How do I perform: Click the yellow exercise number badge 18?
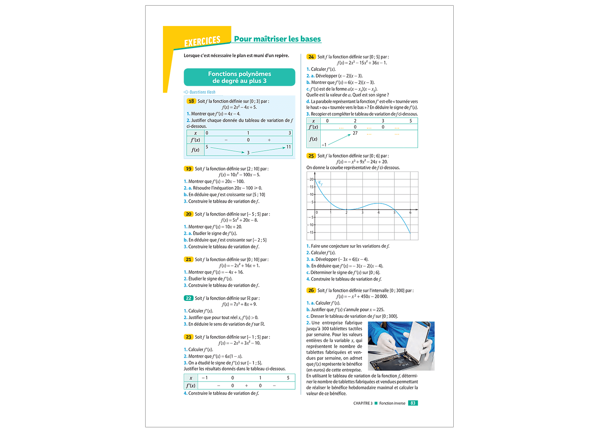click(191, 101)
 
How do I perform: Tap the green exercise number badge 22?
click(188, 298)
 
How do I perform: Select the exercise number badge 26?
click(311, 291)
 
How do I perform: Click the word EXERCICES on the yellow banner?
click(202, 42)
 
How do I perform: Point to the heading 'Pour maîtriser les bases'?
click(277, 39)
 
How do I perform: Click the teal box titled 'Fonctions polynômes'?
click(239, 77)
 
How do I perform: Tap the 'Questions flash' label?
click(202, 92)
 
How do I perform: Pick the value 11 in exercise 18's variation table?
click(289, 147)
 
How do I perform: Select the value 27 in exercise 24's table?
click(355, 133)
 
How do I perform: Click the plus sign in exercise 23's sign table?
click(247, 385)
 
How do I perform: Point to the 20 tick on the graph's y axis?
click(311, 179)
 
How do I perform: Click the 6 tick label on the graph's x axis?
click(410, 213)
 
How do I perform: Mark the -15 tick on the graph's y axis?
click(310, 233)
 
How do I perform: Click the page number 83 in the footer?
click(413, 403)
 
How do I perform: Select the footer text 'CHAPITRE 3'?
click(363, 403)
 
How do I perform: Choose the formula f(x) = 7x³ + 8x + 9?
click(239, 304)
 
